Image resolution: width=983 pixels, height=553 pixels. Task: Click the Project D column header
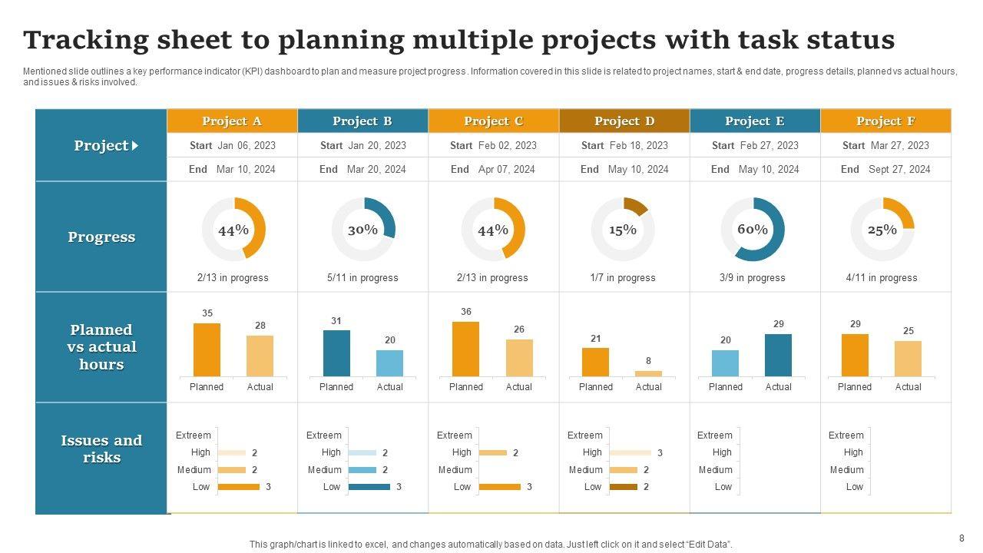(624, 121)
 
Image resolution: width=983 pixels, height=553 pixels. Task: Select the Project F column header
(885, 121)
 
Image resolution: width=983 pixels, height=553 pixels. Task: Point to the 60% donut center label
(753, 229)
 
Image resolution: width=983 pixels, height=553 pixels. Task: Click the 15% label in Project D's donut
(623, 230)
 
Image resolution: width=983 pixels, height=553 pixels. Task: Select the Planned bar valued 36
(465, 349)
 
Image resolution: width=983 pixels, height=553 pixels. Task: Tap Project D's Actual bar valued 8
(648, 373)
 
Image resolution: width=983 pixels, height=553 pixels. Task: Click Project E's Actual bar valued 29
(778, 355)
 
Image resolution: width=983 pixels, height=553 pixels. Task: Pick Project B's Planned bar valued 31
(336, 353)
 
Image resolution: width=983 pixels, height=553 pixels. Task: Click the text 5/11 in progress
(362, 277)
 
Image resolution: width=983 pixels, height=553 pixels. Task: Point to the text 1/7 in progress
(623, 277)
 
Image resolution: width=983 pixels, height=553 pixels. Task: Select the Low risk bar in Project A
(239, 487)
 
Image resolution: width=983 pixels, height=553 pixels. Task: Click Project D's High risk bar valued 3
(631, 452)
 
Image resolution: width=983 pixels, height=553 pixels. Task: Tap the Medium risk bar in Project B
(362, 470)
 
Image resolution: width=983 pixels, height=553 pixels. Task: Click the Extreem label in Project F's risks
(846, 435)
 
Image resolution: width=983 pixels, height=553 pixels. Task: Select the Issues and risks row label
(101, 449)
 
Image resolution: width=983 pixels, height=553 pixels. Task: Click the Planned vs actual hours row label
(101, 347)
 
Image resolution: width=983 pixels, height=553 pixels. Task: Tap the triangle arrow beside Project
(135, 145)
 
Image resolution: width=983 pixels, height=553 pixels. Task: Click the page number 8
(961, 538)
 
